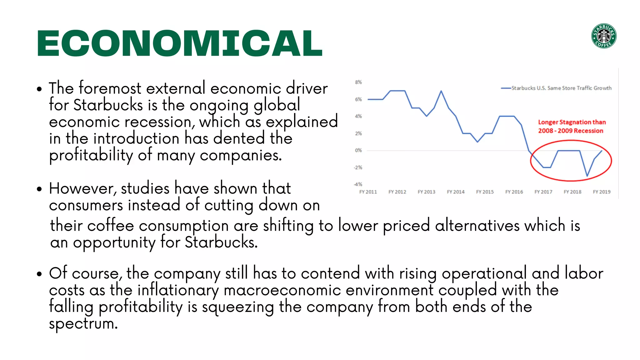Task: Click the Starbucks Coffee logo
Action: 604,36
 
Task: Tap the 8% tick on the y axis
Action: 358,82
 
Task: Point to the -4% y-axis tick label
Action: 358,184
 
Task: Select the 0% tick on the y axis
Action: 358,150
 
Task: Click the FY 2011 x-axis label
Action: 368,192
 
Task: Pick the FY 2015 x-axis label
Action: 485,192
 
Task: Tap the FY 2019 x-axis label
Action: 602,192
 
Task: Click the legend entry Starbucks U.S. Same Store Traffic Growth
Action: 561,88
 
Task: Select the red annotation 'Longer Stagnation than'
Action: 572,122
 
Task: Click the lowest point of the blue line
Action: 587,176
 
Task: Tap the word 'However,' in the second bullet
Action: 82,189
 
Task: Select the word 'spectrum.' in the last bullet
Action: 83,324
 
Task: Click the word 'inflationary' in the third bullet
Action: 178,290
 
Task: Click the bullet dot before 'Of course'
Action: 39,274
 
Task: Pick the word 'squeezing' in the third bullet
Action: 238,307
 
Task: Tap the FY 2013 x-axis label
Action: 426,192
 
